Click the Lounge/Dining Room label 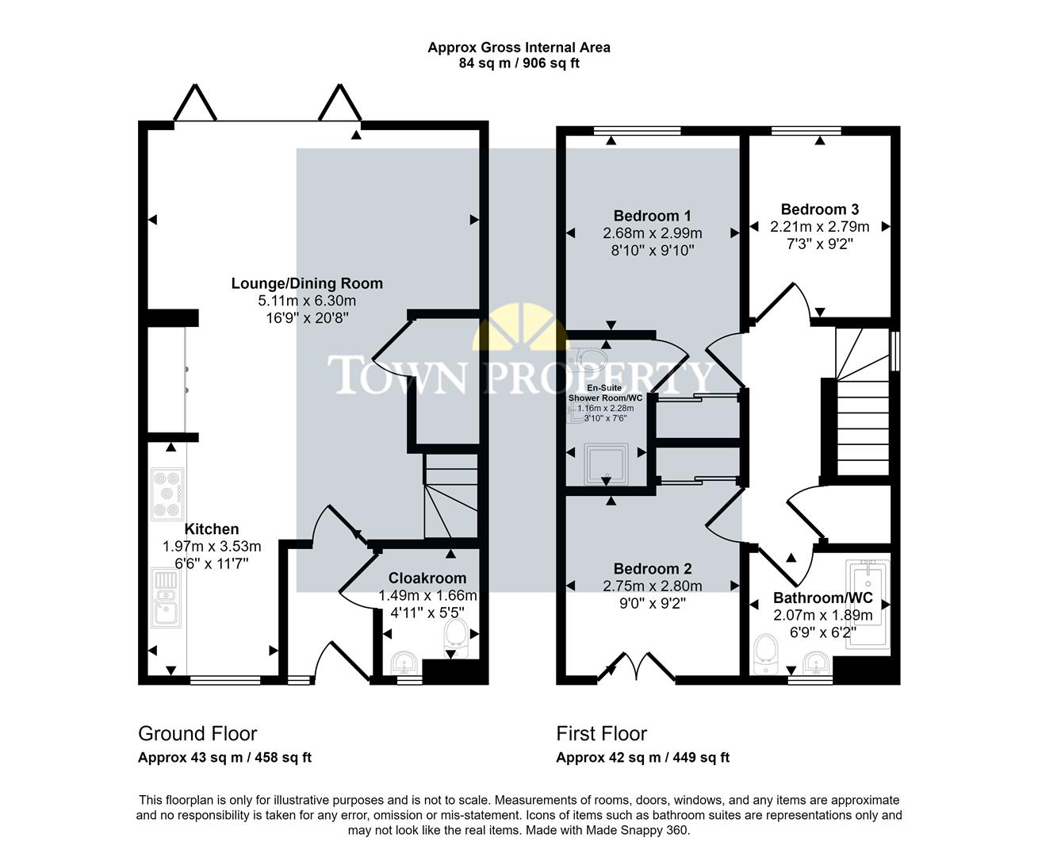click(x=307, y=283)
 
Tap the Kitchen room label click(x=212, y=529)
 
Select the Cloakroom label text click(x=427, y=578)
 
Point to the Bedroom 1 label click(x=652, y=216)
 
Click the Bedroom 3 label click(x=819, y=209)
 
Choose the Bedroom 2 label click(x=652, y=569)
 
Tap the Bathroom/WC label click(x=822, y=598)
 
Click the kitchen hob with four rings click(x=168, y=494)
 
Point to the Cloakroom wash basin click(x=405, y=660)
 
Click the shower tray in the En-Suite click(x=606, y=464)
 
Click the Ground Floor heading click(x=197, y=733)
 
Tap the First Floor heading click(x=601, y=733)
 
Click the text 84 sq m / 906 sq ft click(x=519, y=63)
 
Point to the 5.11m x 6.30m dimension click(x=307, y=301)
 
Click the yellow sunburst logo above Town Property click(x=519, y=327)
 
